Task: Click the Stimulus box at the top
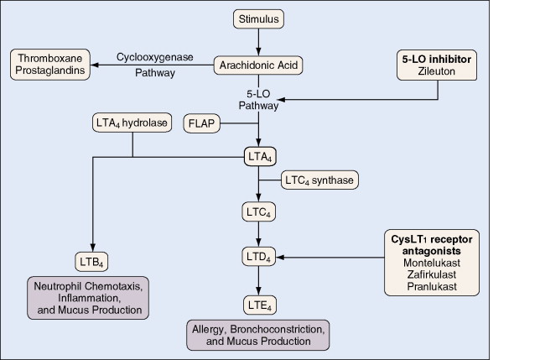click(x=258, y=18)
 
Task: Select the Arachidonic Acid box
click(x=258, y=64)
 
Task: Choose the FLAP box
click(x=200, y=124)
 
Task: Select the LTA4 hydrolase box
click(x=132, y=124)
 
